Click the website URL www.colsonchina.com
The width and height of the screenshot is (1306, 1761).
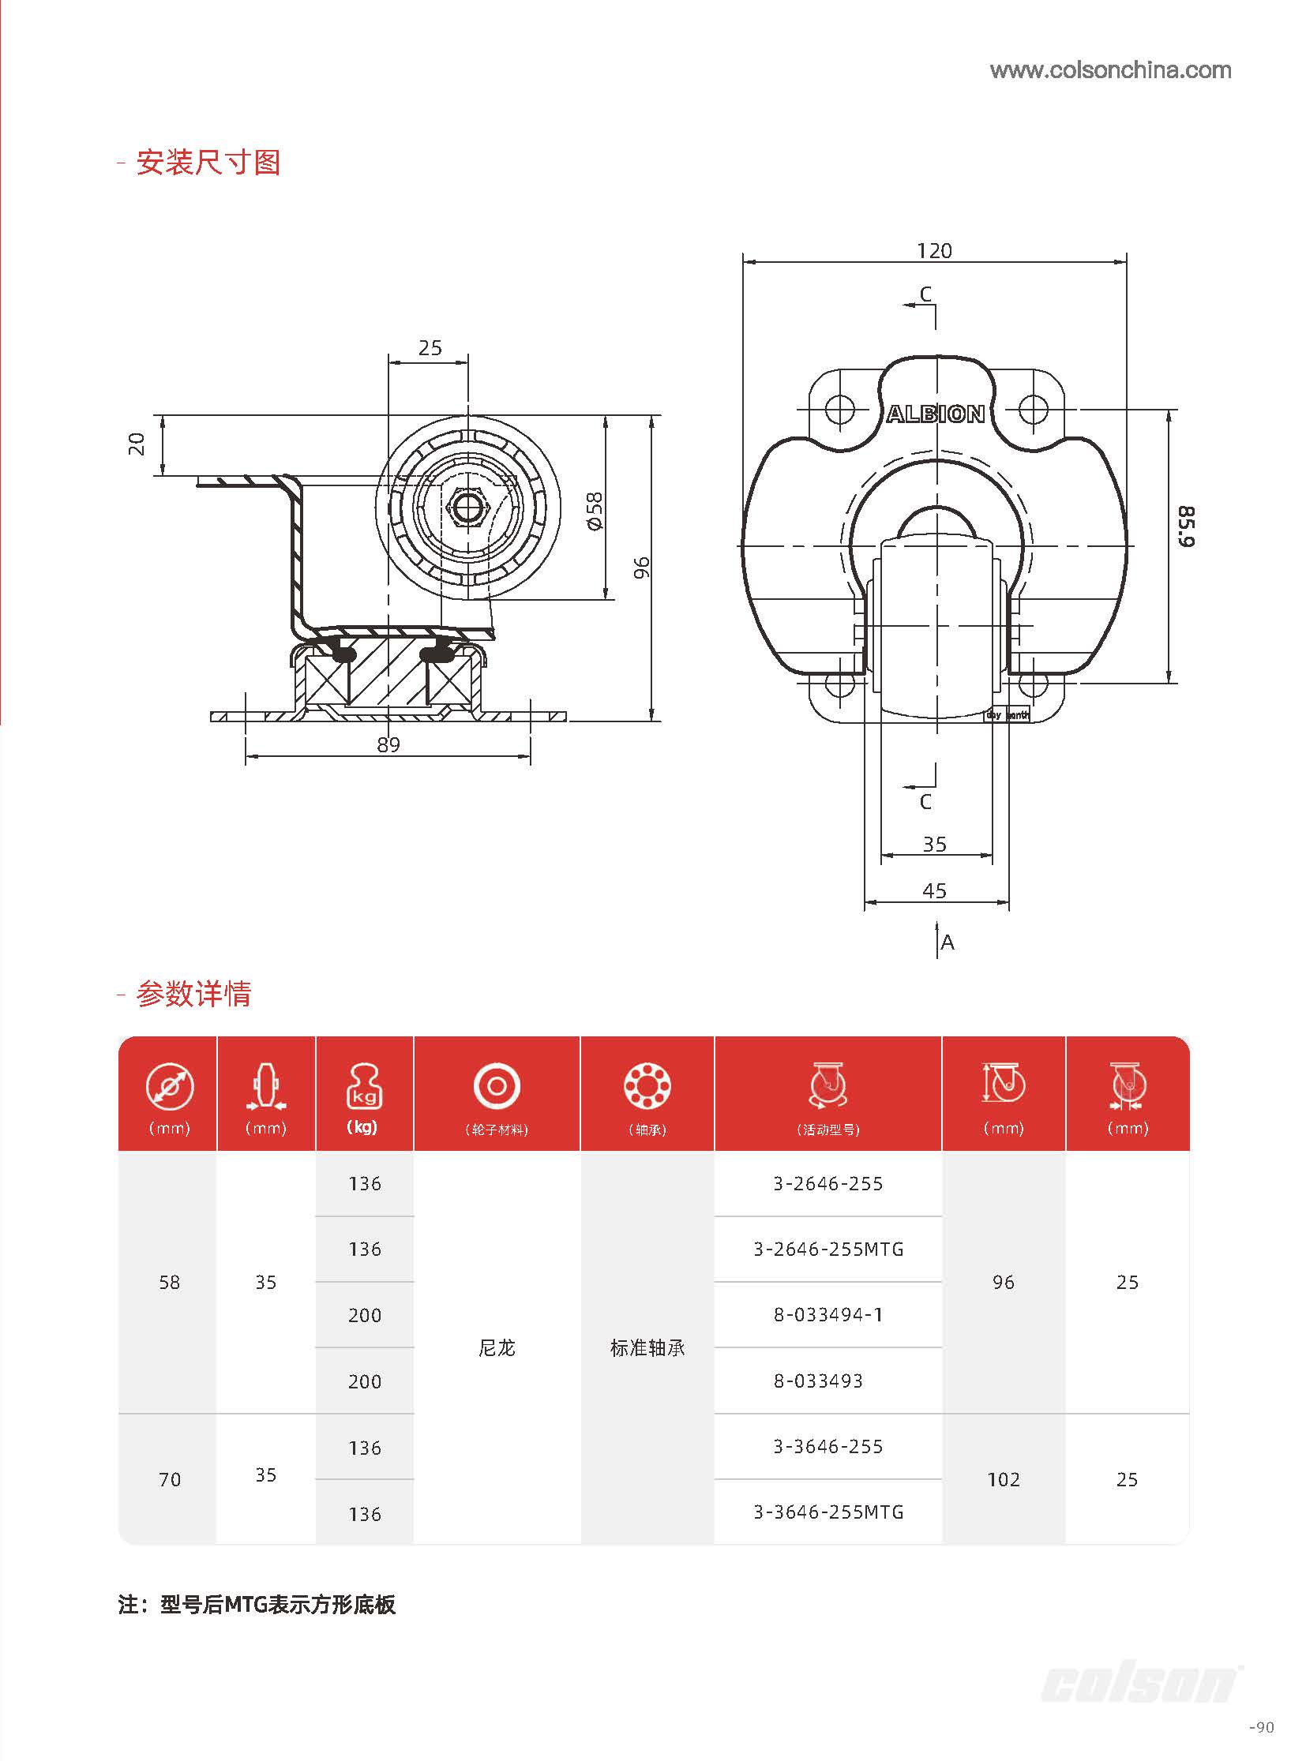click(1110, 70)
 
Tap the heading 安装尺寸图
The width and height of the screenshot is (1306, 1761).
click(208, 163)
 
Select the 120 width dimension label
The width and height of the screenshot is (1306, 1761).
click(933, 250)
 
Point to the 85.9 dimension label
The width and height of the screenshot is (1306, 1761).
click(1186, 526)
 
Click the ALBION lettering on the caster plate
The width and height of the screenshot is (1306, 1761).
click(935, 414)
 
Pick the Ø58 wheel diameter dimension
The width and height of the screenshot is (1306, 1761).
click(595, 511)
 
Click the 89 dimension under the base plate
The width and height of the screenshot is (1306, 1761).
click(388, 744)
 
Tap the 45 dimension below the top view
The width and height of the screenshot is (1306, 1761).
click(934, 891)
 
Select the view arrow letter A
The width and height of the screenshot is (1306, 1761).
click(947, 942)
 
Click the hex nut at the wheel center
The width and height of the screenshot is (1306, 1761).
click(467, 506)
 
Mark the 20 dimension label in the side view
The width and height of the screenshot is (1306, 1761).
click(137, 444)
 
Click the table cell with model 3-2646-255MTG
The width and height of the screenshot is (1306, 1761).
click(828, 1249)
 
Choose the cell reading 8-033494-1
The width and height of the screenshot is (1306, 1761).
click(828, 1314)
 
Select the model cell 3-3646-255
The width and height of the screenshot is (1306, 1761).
click(828, 1446)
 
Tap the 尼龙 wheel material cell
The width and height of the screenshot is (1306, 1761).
click(497, 1347)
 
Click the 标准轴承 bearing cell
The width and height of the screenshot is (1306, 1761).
click(647, 1347)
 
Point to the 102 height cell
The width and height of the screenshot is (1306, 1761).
click(1004, 1480)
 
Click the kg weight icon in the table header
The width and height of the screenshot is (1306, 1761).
click(365, 1087)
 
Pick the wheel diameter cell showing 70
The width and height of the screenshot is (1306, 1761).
click(169, 1480)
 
